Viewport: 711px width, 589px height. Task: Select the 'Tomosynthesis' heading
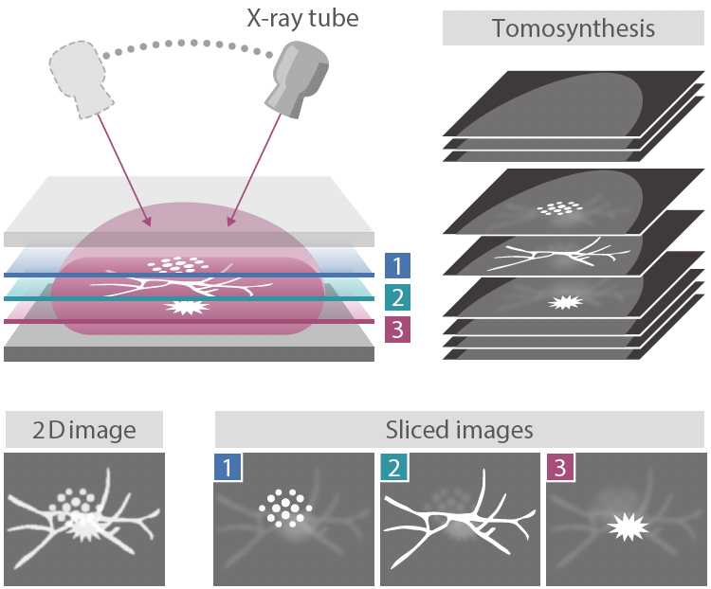tap(573, 28)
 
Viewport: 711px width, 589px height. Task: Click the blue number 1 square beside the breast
tap(397, 266)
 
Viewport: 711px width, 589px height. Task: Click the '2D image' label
tap(83, 431)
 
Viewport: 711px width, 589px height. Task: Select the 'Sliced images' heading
tap(460, 431)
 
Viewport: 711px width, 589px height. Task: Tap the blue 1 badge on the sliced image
tap(228, 467)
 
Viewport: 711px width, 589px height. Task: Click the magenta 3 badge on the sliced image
tap(560, 467)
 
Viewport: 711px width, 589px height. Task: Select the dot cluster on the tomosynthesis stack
tap(559, 207)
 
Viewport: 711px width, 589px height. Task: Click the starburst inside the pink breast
tap(186, 307)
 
